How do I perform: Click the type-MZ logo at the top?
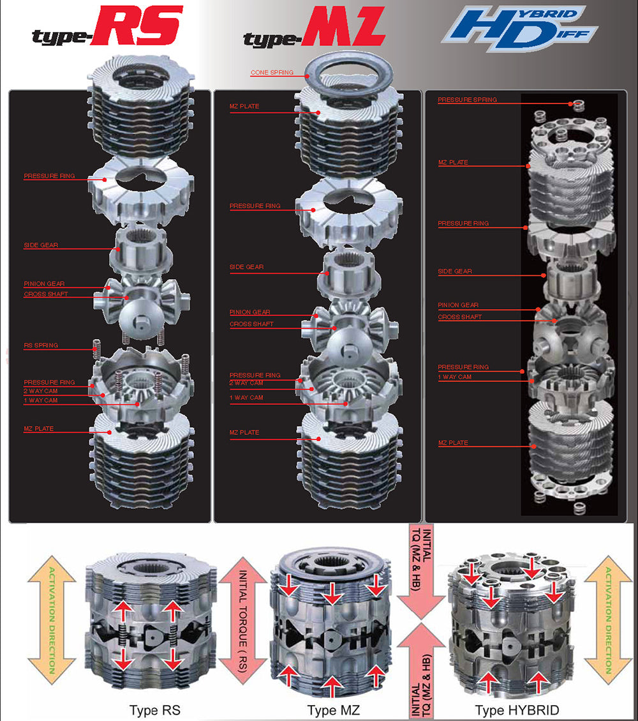[x=314, y=29]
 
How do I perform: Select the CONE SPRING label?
[x=272, y=73]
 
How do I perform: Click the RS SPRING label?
[x=41, y=345]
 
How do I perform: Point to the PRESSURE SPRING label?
[x=467, y=100]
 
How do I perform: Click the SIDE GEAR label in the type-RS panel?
[x=41, y=245]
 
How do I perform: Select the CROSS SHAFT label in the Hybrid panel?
[x=459, y=317]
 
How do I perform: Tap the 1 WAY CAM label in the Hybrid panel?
[x=454, y=377]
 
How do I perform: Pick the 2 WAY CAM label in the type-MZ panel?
[x=246, y=383]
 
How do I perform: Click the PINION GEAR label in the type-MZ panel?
[x=249, y=312]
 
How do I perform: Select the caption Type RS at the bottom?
[x=154, y=710]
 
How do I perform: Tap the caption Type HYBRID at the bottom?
[x=517, y=710]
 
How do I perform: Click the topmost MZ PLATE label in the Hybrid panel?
[x=452, y=163]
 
